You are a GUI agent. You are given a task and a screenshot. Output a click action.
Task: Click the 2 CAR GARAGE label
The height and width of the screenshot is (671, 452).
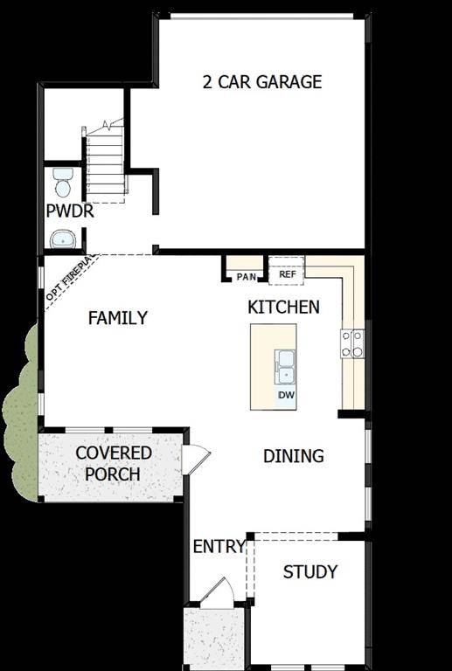click(262, 82)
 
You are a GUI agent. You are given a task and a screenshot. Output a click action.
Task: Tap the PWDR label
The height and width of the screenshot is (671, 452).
click(70, 211)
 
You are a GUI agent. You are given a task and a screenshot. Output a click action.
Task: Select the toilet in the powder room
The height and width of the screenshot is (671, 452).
click(62, 183)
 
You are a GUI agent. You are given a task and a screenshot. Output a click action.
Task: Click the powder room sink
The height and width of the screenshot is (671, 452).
click(63, 239)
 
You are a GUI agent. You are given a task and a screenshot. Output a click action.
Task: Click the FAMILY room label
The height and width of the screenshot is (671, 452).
click(118, 318)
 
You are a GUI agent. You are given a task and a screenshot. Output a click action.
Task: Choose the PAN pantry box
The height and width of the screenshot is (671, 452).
click(246, 277)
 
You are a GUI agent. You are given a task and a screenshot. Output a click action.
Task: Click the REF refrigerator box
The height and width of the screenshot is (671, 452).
click(287, 274)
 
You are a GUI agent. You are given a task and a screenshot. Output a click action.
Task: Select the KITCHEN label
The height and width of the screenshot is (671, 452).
click(283, 307)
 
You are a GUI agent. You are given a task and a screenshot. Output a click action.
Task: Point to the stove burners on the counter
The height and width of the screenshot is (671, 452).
click(353, 343)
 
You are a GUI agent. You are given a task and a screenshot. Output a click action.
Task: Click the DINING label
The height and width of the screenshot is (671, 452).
click(294, 456)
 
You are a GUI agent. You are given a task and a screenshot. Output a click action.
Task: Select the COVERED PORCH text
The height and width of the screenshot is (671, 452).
click(113, 464)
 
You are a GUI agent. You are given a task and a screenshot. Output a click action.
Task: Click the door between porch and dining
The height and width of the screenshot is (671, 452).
click(197, 458)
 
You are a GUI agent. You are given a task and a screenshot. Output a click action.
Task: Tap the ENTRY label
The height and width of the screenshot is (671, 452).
click(219, 547)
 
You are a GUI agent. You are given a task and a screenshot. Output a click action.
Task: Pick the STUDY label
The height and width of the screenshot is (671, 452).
click(309, 572)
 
